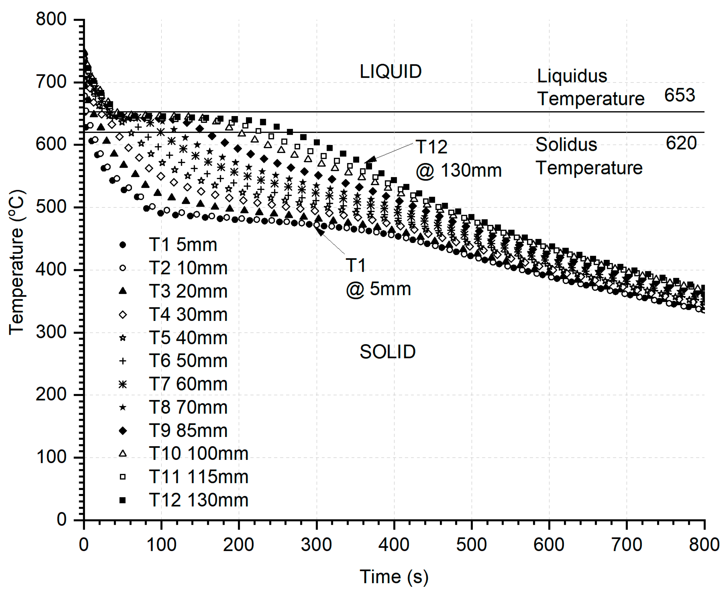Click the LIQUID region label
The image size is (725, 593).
390,72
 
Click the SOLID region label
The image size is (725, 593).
387,352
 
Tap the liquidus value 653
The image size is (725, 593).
679,95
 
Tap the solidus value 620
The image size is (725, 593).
681,143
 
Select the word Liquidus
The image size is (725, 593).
572,76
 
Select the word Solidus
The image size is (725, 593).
566,145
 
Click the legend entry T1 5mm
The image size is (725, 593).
183,245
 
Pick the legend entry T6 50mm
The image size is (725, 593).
188,361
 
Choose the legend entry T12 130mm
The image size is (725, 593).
198,500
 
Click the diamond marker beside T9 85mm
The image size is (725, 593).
123,431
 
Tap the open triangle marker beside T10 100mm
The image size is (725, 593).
123,454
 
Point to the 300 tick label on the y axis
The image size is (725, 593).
51,332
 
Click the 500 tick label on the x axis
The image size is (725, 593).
471,545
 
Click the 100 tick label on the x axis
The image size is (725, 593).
161,545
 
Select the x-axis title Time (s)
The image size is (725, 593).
394,577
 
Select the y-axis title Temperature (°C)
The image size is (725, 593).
16,262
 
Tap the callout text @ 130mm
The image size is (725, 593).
458,170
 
